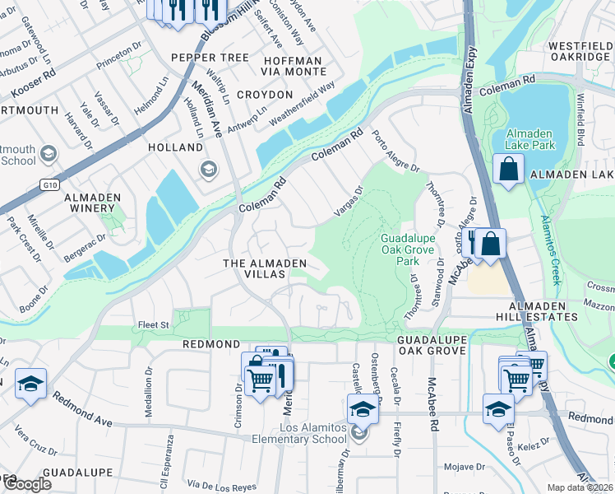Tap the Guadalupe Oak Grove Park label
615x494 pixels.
tap(407, 249)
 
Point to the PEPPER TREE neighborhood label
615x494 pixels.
tap(210, 58)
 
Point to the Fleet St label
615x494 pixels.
tap(153, 325)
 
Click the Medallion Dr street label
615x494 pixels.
tap(150, 393)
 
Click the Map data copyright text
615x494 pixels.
tap(580, 487)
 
